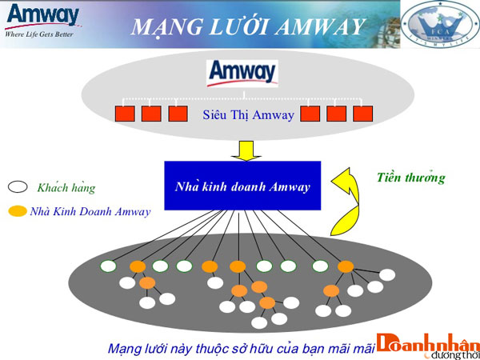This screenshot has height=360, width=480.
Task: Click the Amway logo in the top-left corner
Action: pyautogui.click(x=42, y=15)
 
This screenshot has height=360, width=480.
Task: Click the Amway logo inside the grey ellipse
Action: pyautogui.click(x=242, y=72)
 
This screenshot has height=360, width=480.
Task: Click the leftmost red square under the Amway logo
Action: pyautogui.click(x=125, y=114)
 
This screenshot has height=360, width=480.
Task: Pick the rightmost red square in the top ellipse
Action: pyautogui.click(x=363, y=114)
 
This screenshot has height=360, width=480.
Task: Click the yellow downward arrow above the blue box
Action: pyautogui.click(x=240, y=150)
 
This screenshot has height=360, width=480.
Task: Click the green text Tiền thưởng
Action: pyautogui.click(x=410, y=178)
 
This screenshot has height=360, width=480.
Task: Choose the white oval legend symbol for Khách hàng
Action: pyautogui.click(x=18, y=188)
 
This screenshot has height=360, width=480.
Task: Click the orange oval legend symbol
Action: pyautogui.click(x=18, y=212)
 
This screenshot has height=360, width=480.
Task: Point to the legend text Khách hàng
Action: pyautogui.click(x=66, y=188)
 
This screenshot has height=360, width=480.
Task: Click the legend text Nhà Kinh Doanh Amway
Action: pyautogui.click(x=88, y=212)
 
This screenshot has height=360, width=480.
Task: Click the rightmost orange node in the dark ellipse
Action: pyautogui.click(x=346, y=266)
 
